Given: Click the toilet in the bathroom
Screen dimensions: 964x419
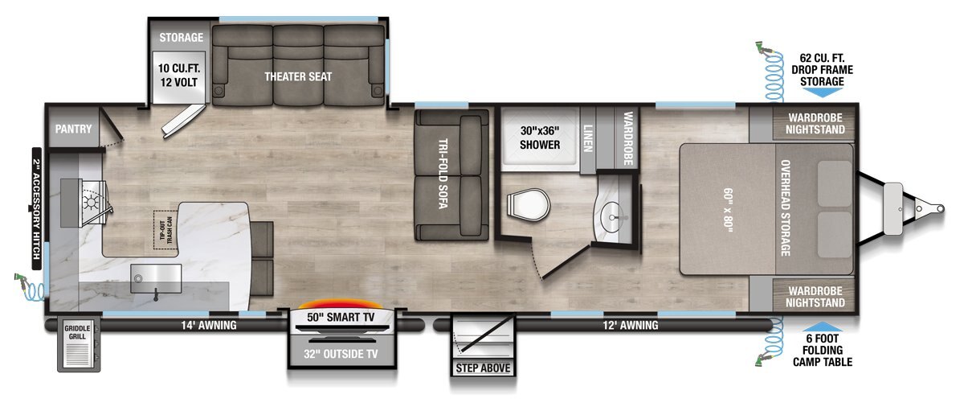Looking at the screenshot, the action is [528, 205].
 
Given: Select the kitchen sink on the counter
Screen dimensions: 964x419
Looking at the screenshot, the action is [156, 278].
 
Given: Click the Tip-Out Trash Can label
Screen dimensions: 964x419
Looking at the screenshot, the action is [165, 230].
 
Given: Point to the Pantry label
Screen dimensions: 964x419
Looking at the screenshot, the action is [73, 129].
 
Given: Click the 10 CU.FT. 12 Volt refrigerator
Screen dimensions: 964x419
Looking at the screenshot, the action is [178, 77].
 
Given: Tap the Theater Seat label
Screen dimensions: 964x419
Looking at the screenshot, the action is [298, 76].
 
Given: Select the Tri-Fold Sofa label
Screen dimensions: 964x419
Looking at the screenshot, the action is [443, 173].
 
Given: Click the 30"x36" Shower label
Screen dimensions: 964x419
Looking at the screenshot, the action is [540, 138].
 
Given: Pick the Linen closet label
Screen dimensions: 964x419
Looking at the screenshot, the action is [587, 138].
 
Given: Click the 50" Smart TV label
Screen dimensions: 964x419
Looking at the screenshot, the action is [341, 318].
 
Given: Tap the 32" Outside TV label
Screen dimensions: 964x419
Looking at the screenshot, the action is [341, 354].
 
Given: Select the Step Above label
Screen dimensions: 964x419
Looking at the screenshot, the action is [483, 368].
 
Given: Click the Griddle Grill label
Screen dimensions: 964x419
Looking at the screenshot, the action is [77, 332].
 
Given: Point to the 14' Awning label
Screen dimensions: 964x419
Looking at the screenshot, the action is [209, 325].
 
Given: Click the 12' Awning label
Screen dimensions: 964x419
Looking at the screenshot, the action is [631, 325].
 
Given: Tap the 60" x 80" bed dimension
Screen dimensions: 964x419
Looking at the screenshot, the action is [728, 210].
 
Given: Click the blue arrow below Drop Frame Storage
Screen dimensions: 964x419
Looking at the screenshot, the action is [822, 92].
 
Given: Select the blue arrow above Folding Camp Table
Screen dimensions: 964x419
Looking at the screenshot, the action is [822, 327].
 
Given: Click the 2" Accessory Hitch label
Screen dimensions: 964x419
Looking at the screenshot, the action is [37, 209].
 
